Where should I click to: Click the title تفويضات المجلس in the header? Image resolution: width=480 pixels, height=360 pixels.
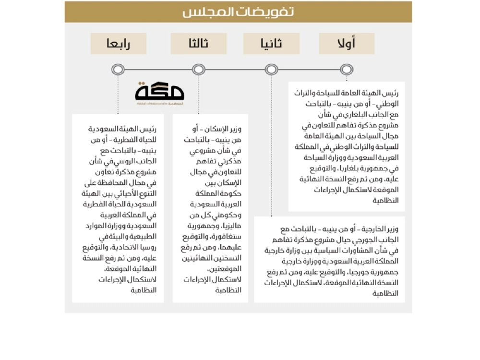239,12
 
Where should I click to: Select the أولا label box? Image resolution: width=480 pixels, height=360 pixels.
346,44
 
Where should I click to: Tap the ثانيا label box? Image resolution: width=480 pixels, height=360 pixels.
271,44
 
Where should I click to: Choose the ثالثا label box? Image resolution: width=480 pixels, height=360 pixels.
199,44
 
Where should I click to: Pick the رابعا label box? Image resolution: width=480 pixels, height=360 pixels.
118,44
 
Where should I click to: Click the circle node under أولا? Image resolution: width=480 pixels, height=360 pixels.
346,70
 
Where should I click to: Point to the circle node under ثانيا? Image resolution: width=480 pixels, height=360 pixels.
271,70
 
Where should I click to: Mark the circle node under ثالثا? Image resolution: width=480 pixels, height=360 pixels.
199,70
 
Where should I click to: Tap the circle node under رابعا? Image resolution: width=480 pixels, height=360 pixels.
118,70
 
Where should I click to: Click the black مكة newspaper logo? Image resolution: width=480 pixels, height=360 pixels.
160,93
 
